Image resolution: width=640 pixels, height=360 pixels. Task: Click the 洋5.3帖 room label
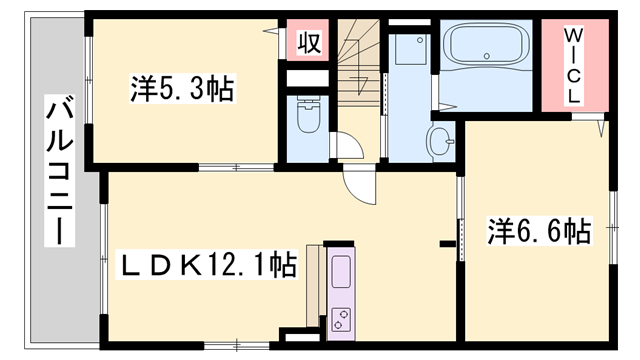click(182, 90)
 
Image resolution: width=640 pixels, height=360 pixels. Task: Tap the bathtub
click(487, 47)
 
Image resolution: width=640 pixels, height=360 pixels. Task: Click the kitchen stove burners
click(341, 320)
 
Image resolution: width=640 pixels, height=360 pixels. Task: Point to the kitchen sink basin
click(341, 273)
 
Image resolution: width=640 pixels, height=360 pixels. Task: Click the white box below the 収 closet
click(307, 75)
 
